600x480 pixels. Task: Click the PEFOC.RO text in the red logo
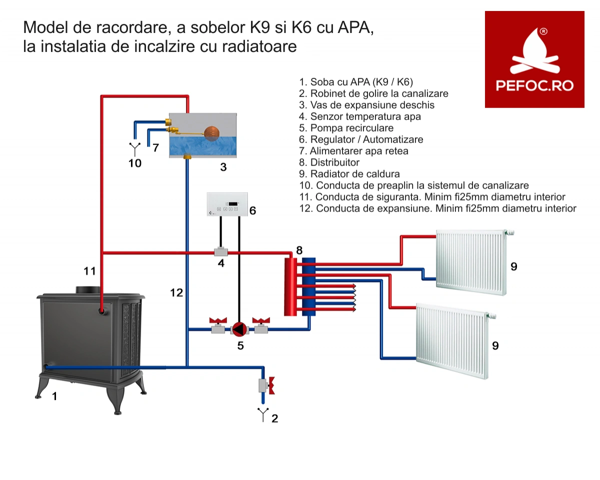coord(534,85)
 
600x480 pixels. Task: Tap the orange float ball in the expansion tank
coord(211,133)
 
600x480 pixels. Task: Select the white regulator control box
coord(227,204)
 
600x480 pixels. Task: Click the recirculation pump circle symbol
coord(239,329)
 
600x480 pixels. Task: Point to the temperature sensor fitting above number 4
coord(221,252)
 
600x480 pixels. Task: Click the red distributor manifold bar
coord(290,286)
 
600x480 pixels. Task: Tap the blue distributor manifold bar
coord(308,286)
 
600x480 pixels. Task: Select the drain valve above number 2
coord(266,385)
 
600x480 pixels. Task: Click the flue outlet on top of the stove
coord(88,290)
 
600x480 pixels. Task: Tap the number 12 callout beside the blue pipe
coord(176,292)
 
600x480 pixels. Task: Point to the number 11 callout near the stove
coord(89,271)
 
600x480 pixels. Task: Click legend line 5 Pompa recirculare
coord(346,127)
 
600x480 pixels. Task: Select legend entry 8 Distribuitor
coord(329,162)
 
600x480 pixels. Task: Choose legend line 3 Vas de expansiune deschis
coord(366,105)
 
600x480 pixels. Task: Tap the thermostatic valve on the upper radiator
coord(509,232)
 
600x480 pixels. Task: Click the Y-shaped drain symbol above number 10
coord(134,149)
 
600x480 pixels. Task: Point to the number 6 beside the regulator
coord(252,210)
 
